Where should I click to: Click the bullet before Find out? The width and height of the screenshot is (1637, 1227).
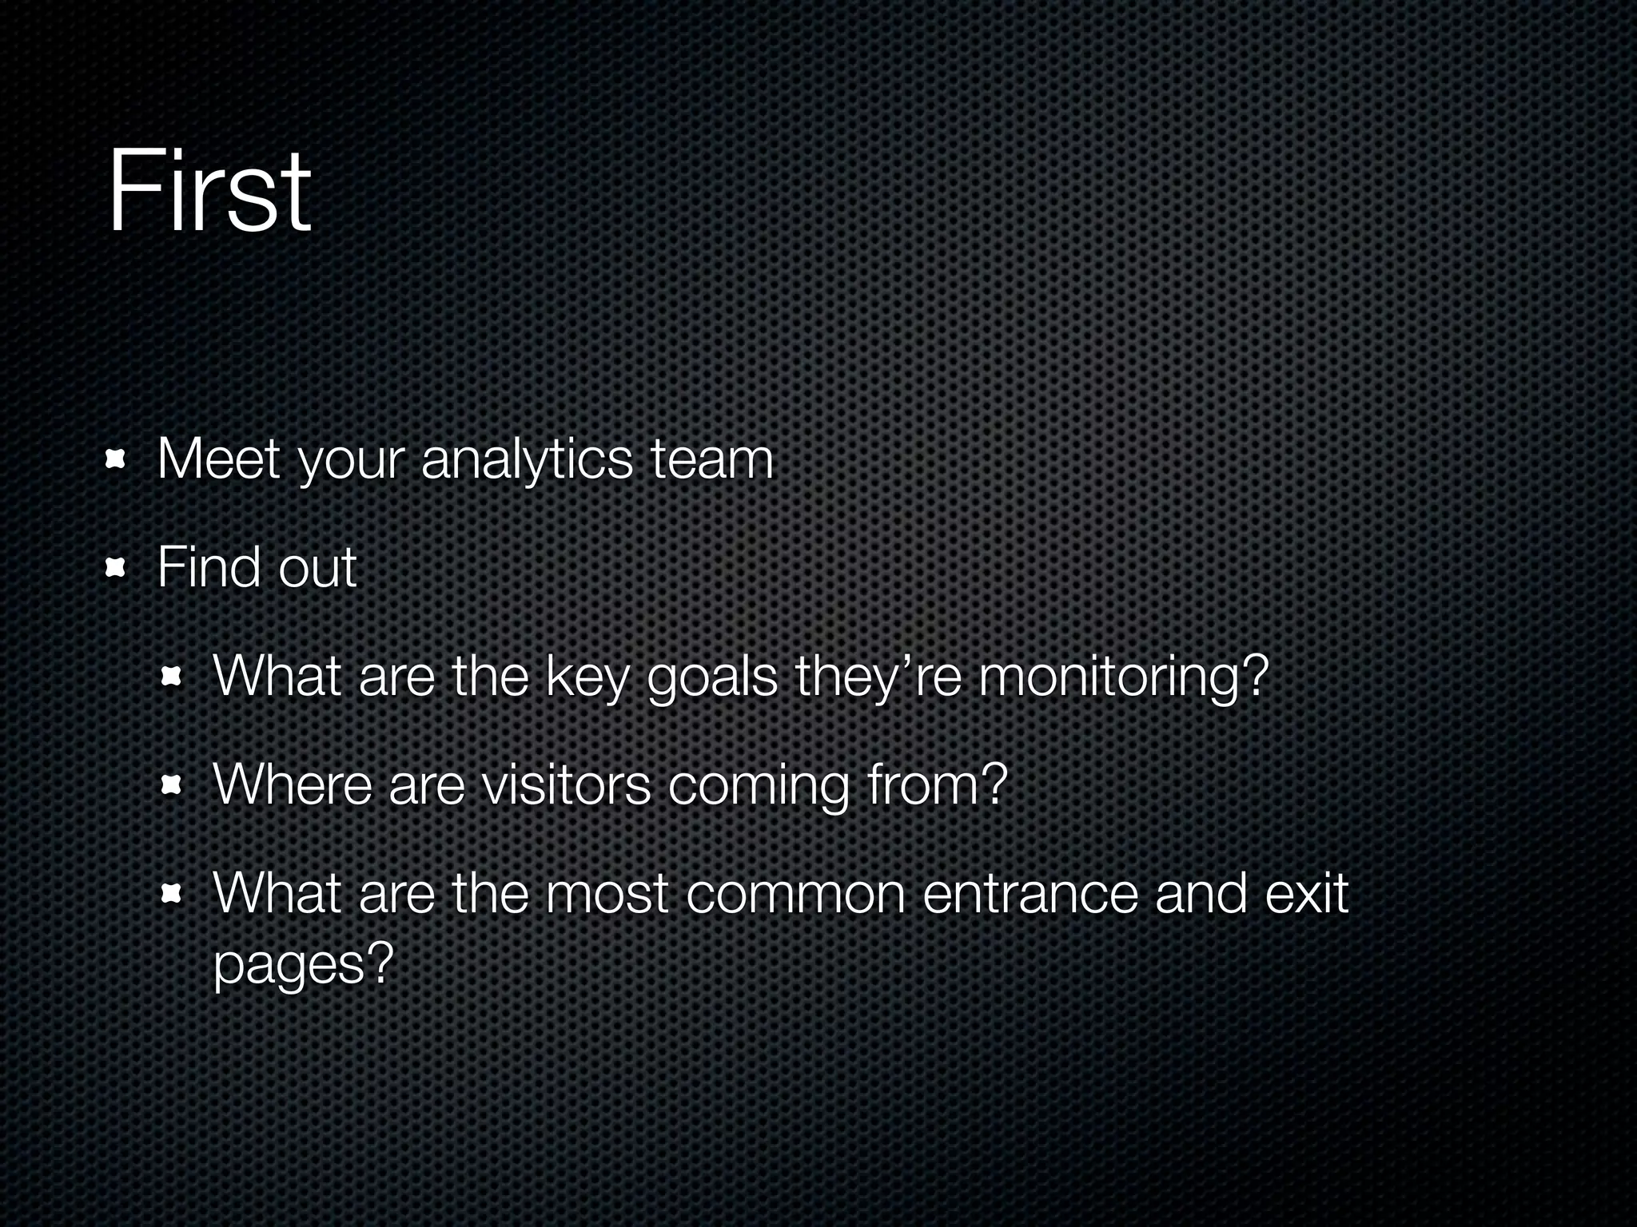coord(117,568)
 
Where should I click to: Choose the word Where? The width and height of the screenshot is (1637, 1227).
coord(293,784)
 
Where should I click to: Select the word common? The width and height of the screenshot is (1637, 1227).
coord(795,894)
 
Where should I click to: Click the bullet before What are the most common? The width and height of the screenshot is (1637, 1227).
coord(171,894)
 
